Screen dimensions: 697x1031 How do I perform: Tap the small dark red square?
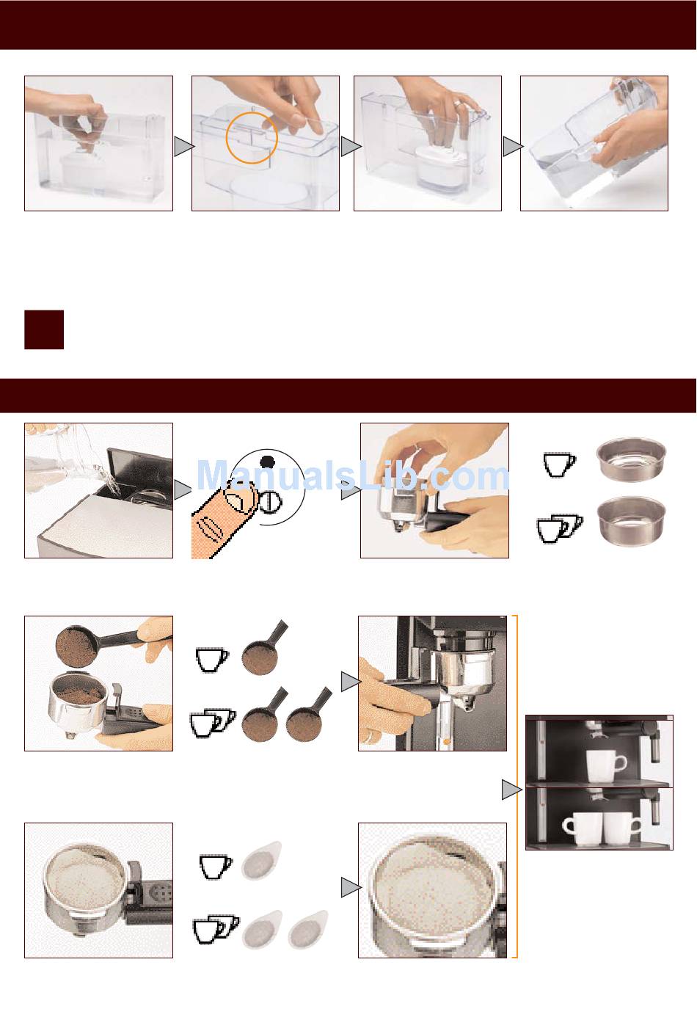(x=44, y=329)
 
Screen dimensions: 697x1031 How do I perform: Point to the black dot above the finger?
(x=267, y=462)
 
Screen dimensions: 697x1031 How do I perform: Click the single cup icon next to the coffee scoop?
(x=211, y=660)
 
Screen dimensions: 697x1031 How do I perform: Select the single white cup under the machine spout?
(x=605, y=766)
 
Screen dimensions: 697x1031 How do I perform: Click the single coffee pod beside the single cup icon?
(x=260, y=861)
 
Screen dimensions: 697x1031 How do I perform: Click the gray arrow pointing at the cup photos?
(x=511, y=790)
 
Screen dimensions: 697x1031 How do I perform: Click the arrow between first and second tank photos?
(x=184, y=147)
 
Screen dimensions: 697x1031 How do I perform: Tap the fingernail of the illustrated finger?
(x=240, y=496)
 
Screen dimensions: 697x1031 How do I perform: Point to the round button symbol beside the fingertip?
(x=270, y=502)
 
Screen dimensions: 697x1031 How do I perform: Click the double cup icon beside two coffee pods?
(x=216, y=929)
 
